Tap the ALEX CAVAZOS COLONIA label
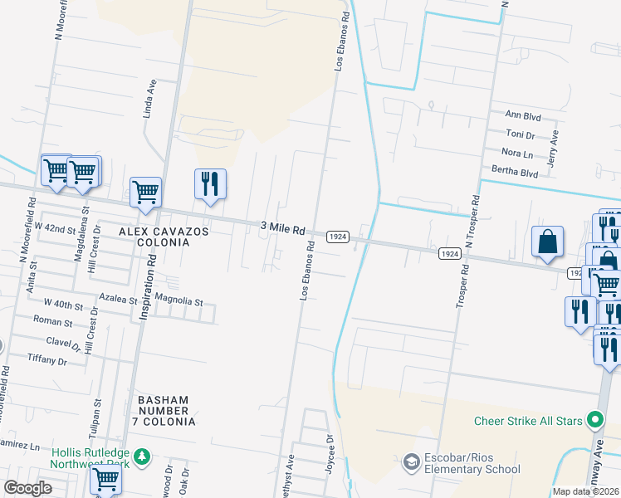click(x=154, y=236)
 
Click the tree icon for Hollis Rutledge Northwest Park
click(x=142, y=456)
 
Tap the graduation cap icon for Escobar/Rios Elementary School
click(x=410, y=461)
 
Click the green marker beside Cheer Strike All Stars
click(x=594, y=421)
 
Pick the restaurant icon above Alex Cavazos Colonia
click(x=210, y=183)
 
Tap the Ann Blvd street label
click(x=522, y=114)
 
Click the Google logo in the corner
click(x=27, y=488)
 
